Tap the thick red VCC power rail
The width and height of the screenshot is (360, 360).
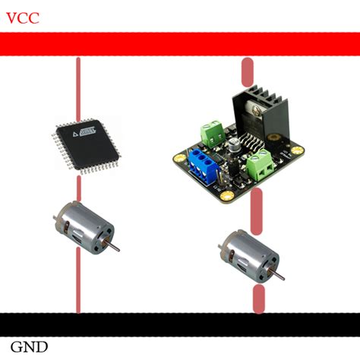tap(180, 43)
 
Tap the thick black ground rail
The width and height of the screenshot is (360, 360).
tap(180, 324)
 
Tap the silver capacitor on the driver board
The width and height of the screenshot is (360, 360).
tap(238, 144)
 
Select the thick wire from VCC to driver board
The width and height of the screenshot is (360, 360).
tap(247, 72)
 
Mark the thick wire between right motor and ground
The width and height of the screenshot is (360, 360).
tap(259, 299)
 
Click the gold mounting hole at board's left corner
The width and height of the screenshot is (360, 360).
tap(178, 158)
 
